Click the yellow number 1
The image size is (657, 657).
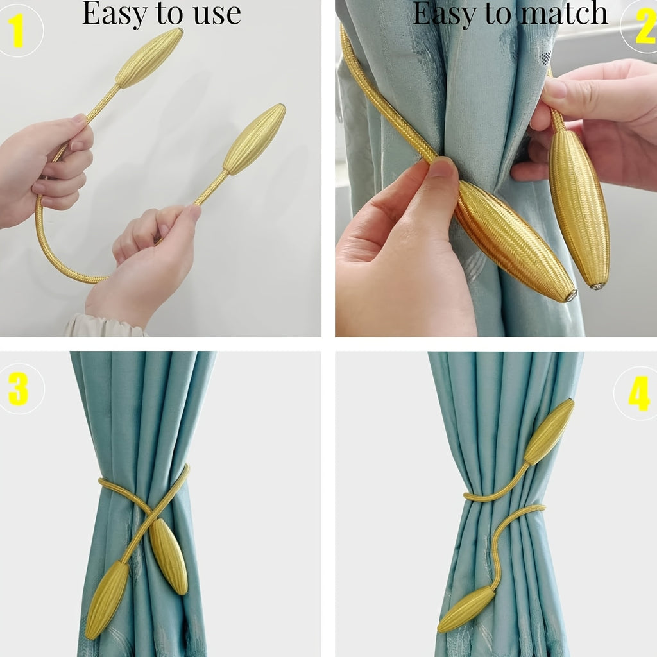(17, 30)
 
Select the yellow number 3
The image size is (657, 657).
(18, 389)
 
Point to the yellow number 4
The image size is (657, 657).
(638, 393)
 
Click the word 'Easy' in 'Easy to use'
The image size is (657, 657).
(114, 13)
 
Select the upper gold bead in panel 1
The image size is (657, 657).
(149, 57)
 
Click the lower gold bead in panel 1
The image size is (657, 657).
(254, 139)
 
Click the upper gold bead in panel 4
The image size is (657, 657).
(549, 432)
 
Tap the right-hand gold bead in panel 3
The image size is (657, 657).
(169, 556)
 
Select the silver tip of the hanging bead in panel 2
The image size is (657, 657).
(597, 286)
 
